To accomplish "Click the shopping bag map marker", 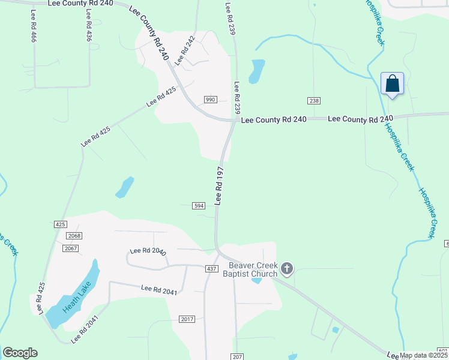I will [x=392, y=83].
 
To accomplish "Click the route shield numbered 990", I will [x=210, y=100].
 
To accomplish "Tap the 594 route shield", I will [x=199, y=206].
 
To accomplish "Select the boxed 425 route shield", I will [x=60, y=224].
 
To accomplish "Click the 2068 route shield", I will [x=74, y=236].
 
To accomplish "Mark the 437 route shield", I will [x=212, y=269].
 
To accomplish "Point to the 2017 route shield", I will [x=187, y=319].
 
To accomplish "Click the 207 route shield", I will [x=237, y=356].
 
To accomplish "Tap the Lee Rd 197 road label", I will [x=219, y=186].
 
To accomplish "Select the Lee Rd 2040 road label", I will [x=148, y=251].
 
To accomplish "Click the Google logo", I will [x=20, y=353].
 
